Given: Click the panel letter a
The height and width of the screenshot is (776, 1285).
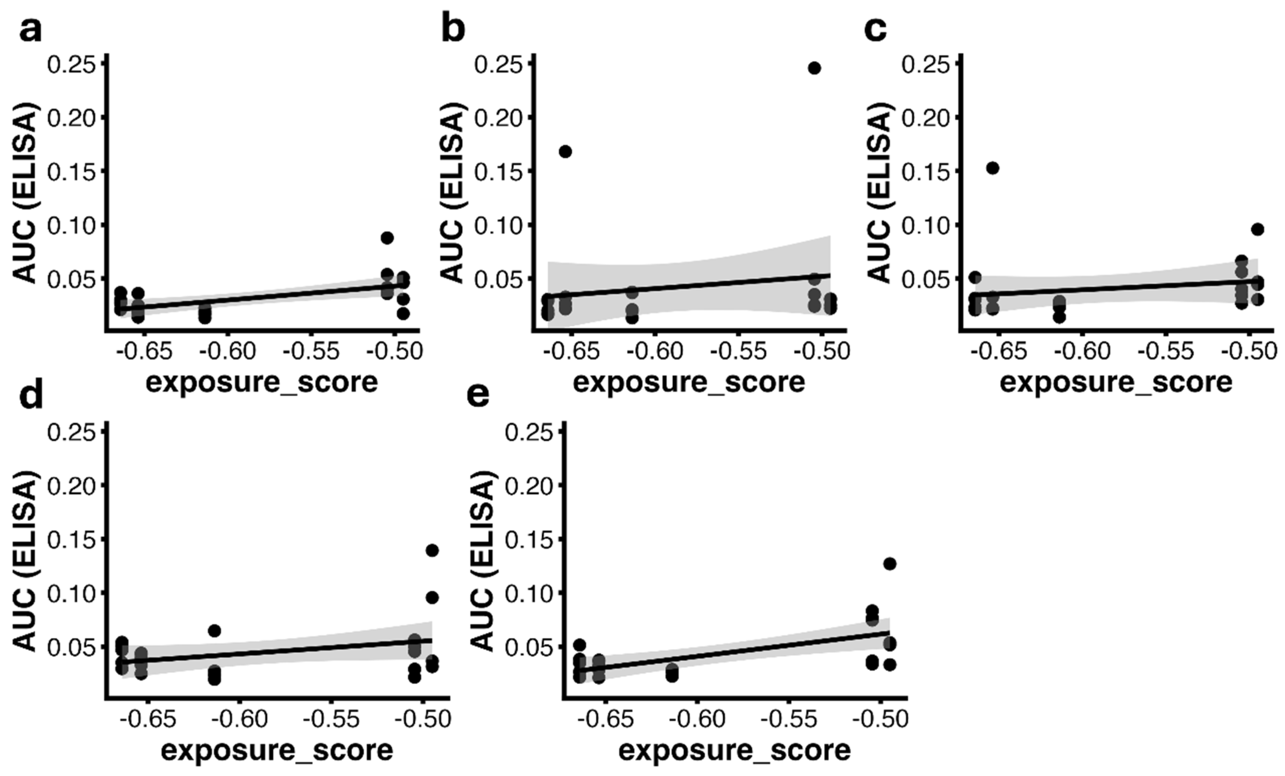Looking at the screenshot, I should [x=30, y=31].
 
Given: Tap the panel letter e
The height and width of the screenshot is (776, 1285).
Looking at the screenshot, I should [x=478, y=396].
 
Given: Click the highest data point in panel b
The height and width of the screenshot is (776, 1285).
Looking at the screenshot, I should [x=814, y=68].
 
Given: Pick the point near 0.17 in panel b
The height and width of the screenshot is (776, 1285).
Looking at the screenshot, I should [x=565, y=152].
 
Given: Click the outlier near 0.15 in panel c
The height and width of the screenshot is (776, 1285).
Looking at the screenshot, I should [x=992, y=168].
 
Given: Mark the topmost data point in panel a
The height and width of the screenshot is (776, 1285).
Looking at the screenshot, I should [x=387, y=238].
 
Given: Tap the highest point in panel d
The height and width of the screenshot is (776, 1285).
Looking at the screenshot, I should [x=432, y=551].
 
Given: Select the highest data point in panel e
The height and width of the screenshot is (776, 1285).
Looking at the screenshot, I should [x=890, y=564].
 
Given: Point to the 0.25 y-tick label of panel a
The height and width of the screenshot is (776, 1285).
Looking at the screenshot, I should [x=72, y=65].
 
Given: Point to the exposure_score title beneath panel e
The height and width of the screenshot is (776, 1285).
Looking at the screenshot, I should [x=734, y=751].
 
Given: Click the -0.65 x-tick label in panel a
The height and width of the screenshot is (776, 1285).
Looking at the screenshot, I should [x=144, y=352].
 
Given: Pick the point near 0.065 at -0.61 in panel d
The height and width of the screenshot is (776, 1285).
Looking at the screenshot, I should [x=214, y=631].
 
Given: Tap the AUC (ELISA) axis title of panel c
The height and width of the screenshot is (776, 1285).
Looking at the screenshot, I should [x=879, y=193].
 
